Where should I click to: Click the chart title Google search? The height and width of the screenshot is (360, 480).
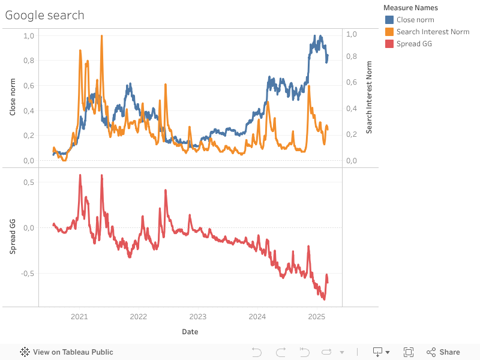[45, 15]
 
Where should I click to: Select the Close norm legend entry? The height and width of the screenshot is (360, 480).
[415, 20]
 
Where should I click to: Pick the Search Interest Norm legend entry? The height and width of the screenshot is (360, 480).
[433, 32]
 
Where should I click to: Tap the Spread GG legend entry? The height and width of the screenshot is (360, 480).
[414, 44]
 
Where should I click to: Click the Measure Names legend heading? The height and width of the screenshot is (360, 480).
[410, 8]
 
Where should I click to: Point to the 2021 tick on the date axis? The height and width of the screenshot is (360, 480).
[79, 316]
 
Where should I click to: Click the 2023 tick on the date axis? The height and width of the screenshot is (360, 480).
[198, 316]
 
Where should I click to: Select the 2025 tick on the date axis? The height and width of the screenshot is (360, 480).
[317, 316]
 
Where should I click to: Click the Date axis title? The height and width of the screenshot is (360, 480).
[190, 331]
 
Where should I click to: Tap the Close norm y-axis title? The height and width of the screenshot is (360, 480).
[13, 98]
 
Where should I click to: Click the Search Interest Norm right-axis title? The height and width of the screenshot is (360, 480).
[369, 97]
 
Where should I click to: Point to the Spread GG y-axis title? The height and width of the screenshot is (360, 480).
[13, 238]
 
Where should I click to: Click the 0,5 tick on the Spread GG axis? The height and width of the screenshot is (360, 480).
[29, 182]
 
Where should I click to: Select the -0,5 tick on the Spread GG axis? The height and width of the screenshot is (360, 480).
[28, 274]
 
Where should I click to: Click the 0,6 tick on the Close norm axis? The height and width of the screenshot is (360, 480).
[29, 86]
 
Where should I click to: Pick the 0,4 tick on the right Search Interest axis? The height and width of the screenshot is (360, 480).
[352, 109]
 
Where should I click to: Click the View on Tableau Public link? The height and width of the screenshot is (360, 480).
[67, 352]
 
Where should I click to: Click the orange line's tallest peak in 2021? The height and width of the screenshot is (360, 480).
[102, 36]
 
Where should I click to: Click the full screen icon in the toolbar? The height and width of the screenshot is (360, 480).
[409, 352]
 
